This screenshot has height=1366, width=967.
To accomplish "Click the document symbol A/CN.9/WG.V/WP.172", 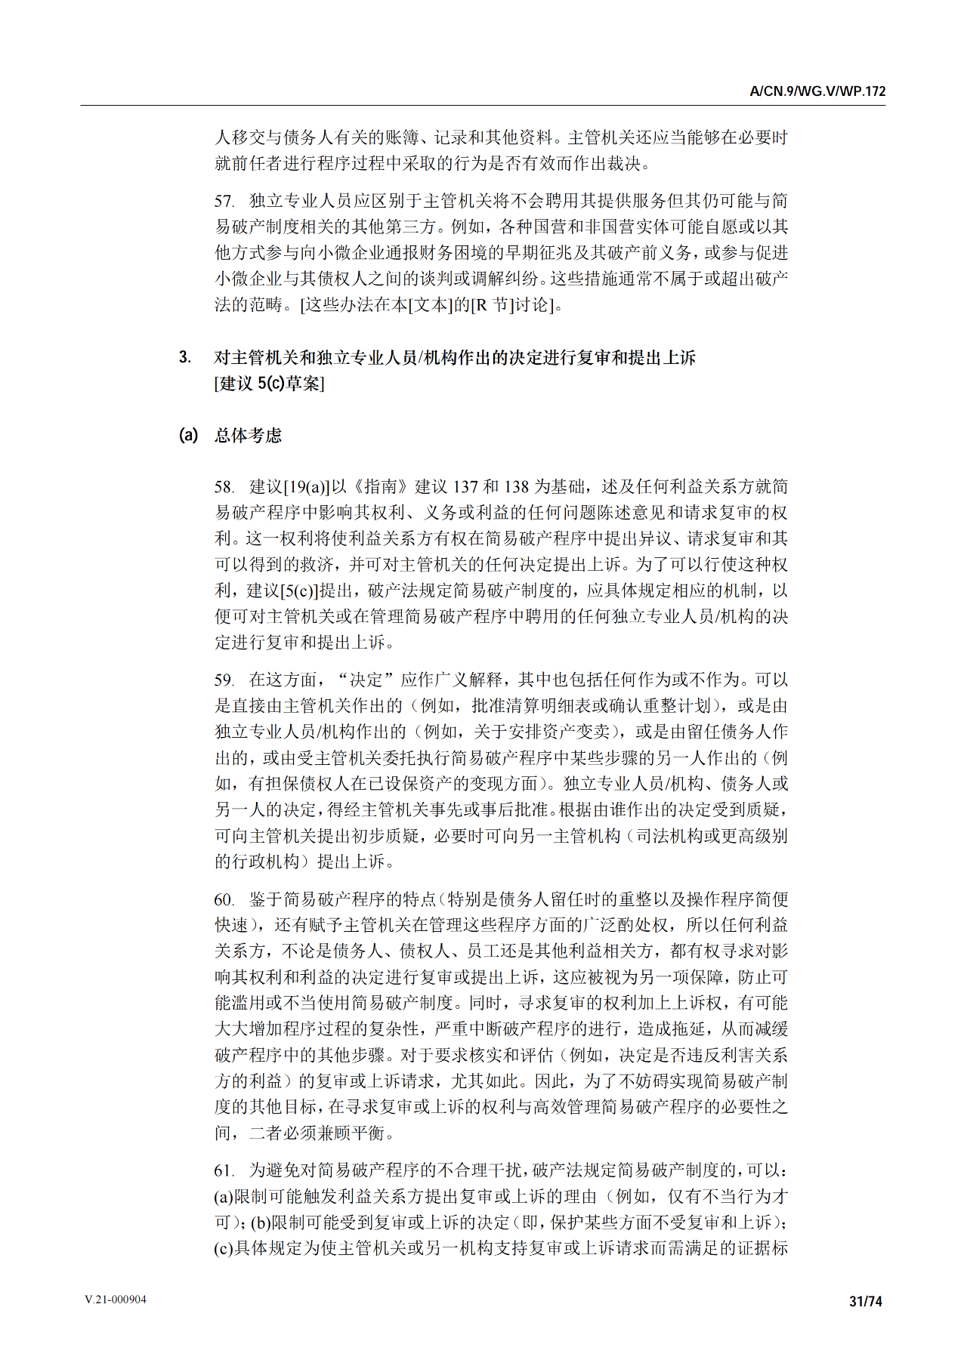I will pyautogui.click(x=817, y=91).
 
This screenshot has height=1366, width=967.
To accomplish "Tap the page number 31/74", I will pyautogui.click(x=866, y=1301).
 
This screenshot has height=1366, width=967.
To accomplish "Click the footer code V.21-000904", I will pyautogui.click(x=116, y=1300).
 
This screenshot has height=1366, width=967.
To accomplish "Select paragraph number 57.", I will pyautogui.click(x=224, y=202).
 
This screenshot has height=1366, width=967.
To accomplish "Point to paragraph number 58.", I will pyautogui.click(x=224, y=488).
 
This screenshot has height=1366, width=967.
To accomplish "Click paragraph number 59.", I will pyautogui.click(x=224, y=680).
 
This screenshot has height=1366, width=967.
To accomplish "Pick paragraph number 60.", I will pyautogui.click(x=224, y=900).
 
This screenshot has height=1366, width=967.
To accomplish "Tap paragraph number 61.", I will pyautogui.click(x=224, y=1171).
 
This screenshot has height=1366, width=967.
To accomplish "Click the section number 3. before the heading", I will pyautogui.click(x=185, y=357).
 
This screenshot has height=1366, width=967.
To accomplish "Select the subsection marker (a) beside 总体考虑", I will pyautogui.click(x=188, y=435).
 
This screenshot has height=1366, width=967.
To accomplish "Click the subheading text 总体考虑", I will pyautogui.click(x=248, y=436).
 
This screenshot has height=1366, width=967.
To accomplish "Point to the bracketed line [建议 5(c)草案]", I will pyautogui.click(x=270, y=384).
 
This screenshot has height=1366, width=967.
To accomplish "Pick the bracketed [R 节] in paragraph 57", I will pyautogui.click(x=493, y=306).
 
